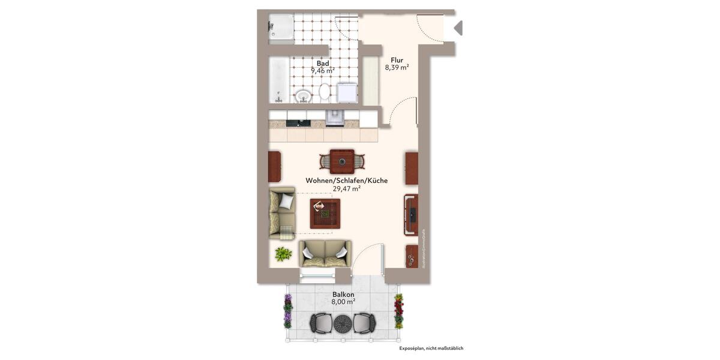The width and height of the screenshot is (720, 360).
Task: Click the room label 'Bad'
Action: point(323,63)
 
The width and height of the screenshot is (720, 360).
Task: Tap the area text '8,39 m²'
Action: point(397,68)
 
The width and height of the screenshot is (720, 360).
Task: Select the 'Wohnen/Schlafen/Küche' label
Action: point(346,180)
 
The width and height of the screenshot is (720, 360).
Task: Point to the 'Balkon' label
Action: point(343,295)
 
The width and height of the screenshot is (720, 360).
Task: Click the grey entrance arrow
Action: point(458,28)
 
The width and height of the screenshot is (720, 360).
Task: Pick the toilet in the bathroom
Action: point(325,92)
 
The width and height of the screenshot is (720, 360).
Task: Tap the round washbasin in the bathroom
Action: point(304,95)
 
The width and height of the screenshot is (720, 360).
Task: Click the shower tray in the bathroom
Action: point(281,28)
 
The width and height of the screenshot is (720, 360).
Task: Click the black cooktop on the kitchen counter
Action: point(298,123)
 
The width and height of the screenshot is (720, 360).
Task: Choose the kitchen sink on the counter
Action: point(334,118)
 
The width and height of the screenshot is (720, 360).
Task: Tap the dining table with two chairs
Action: point(342,161)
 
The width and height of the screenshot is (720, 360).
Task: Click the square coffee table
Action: point(325,214)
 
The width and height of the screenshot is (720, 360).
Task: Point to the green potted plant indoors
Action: point(283,254)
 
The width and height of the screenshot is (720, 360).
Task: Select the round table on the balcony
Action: point(343,323)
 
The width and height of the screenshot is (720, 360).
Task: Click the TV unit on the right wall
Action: point(411,215)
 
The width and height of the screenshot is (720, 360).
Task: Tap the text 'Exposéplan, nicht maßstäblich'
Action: point(431,348)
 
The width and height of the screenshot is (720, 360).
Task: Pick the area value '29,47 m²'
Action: point(346,188)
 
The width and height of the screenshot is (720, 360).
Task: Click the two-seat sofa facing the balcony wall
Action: point(325,253)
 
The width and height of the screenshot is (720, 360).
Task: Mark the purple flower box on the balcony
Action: point(288,311)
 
